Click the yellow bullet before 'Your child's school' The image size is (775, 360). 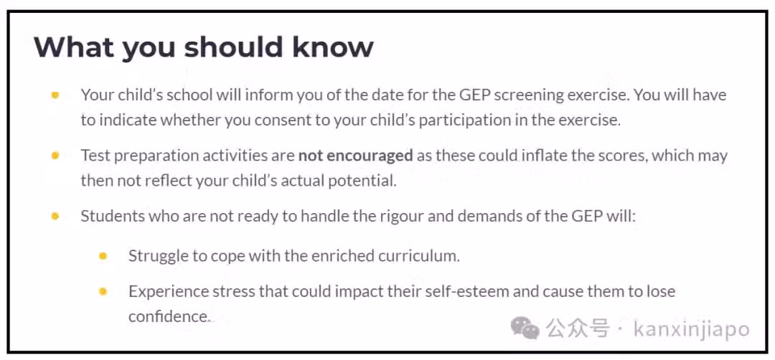click(x=55, y=95)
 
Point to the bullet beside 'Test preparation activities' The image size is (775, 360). click(x=55, y=156)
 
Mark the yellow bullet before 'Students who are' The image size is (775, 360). click(x=55, y=217)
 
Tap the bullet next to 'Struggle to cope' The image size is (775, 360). click(x=103, y=256)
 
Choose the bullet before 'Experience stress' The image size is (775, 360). click(x=103, y=291)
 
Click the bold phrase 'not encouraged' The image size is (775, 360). click(x=355, y=156)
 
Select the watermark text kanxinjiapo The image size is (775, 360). click(x=692, y=329)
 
